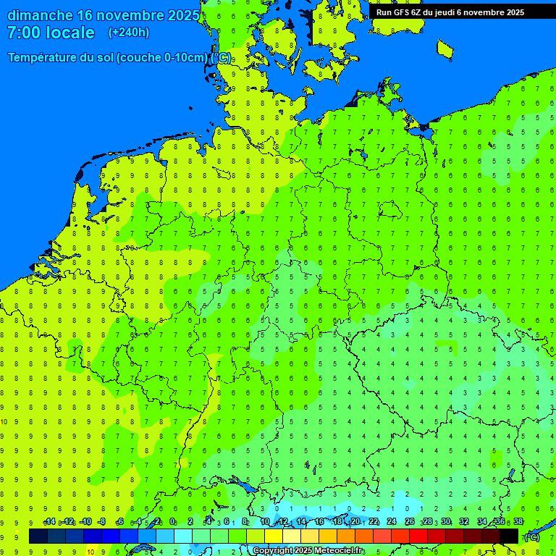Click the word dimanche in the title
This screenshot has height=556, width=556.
coord(40,15)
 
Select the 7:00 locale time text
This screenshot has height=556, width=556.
coord(51,33)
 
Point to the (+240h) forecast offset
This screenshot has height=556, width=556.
coord(129,33)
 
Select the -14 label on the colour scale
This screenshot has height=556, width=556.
coord(49,522)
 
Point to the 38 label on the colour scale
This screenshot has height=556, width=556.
coord(518,522)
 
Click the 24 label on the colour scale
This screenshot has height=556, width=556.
coord(392,522)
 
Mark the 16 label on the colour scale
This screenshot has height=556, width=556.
coord(319,522)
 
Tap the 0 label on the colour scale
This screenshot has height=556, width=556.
coord(173,522)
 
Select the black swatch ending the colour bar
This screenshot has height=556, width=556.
coord(509,536)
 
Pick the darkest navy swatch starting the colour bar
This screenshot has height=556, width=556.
coord(38,536)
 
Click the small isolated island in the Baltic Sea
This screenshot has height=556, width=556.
coord(445,49)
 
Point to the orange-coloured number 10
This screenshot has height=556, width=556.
coord(90,551)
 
